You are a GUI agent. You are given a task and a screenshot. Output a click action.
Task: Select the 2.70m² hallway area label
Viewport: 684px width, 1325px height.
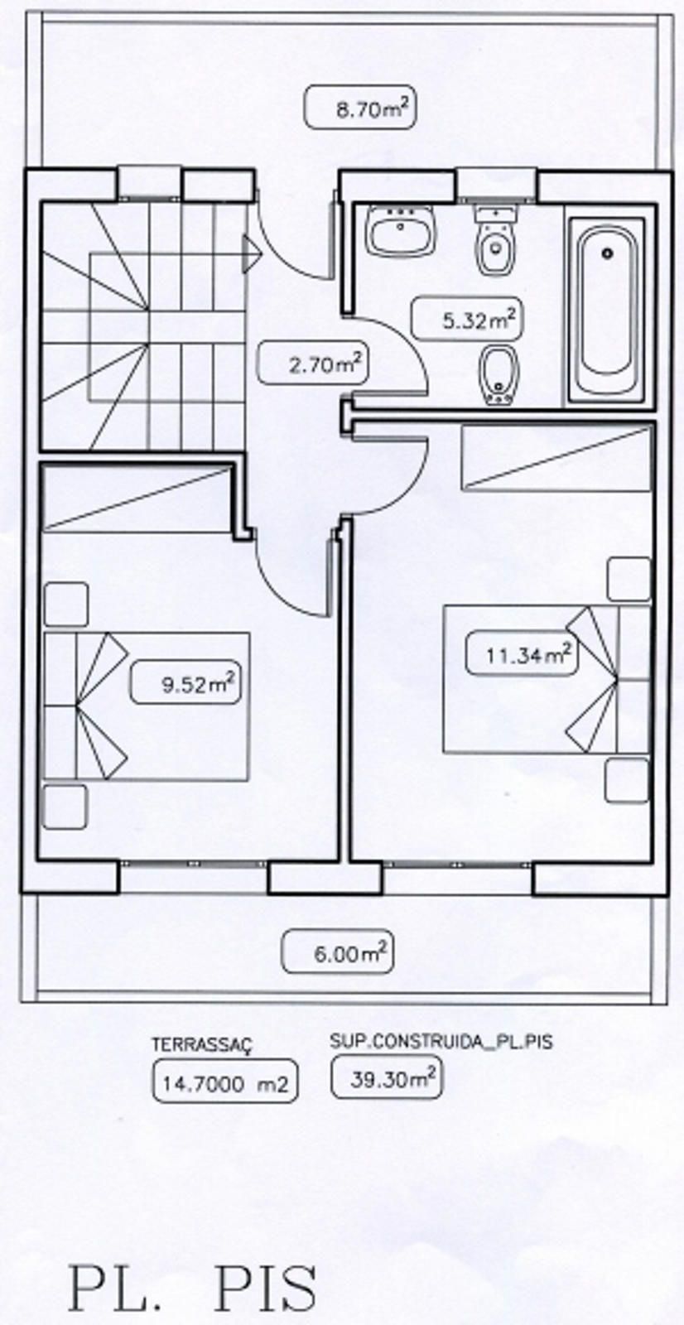(313, 363)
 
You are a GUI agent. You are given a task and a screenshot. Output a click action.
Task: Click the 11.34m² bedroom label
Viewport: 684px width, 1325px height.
(518, 654)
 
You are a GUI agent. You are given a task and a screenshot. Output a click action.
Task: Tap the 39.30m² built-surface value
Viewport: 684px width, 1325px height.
(385, 1079)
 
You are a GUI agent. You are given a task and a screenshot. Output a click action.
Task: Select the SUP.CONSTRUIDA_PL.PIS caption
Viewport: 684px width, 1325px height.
(440, 1041)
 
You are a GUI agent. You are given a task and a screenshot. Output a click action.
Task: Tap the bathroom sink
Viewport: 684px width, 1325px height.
(402, 232)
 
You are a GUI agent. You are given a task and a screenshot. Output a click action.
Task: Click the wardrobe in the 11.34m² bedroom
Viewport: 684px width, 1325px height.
(556, 458)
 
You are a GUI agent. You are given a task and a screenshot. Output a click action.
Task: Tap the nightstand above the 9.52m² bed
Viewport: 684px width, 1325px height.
(65, 604)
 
